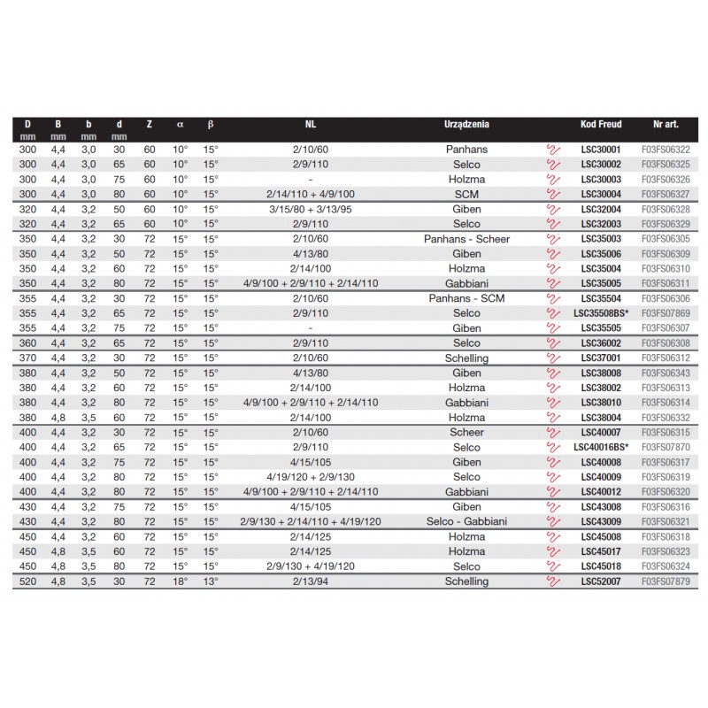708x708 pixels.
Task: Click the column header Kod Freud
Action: coord(600,126)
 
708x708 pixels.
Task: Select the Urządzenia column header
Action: coord(466,126)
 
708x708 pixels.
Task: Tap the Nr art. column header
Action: coord(665,126)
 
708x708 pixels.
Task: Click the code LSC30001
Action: coord(600,150)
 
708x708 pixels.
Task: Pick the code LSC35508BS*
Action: coord(600,313)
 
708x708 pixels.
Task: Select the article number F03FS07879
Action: coord(665,581)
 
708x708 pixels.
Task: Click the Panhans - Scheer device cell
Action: coord(466,239)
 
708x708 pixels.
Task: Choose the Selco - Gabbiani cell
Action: coord(466,521)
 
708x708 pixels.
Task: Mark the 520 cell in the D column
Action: coord(27,581)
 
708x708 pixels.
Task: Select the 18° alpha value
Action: coord(180,581)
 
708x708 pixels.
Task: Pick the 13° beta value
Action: coord(210,581)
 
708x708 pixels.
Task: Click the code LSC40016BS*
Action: coord(600,447)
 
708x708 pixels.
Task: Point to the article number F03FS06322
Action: coord(665,150)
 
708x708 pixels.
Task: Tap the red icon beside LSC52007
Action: coord(554,581)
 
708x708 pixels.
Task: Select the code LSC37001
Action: coord(600,358)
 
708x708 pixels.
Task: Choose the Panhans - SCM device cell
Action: coord(466,298)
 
